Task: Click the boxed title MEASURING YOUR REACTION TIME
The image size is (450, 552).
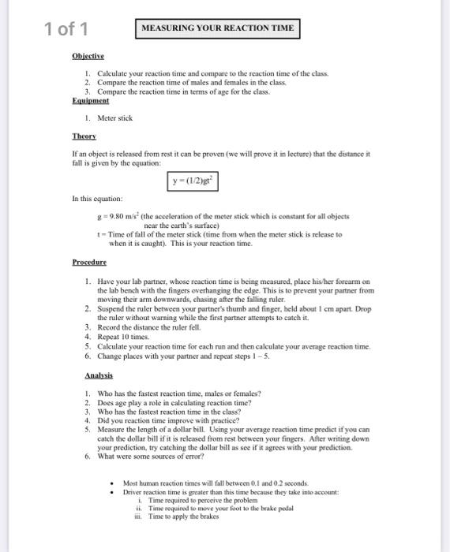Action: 217,28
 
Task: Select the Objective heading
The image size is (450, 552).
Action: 88,57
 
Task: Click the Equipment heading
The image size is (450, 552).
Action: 90,101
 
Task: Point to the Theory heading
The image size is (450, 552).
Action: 84,136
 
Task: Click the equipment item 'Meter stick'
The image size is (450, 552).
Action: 115,118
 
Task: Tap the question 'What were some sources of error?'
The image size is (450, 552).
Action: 162,457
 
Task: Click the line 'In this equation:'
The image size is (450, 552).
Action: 96,200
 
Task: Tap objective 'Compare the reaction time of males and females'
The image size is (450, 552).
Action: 201,83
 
